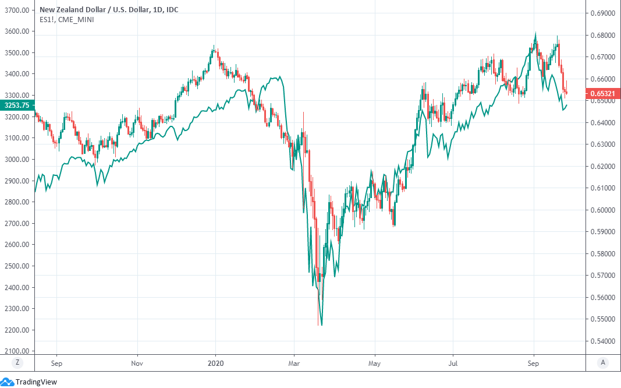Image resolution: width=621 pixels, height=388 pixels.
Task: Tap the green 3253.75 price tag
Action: coord(17,105)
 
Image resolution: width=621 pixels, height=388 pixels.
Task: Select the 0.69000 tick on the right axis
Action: coord(604,13)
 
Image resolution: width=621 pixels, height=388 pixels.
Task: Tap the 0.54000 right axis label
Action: coord(604,341)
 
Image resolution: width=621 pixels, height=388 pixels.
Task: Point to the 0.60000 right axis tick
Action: coord(604,210)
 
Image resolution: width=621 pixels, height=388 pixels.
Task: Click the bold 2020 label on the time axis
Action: coord(216,362)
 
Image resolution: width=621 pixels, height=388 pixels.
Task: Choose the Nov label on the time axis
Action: coord(137,362)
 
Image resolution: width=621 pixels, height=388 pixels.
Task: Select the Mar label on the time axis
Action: coord(294,362)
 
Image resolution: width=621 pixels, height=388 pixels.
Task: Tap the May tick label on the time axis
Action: coord(375,362)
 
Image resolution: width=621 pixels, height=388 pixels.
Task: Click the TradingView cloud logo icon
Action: coord(7,382)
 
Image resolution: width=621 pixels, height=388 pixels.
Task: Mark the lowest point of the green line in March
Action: coord(321,325)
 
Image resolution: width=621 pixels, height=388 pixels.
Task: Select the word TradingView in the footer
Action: coord(36,382)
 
